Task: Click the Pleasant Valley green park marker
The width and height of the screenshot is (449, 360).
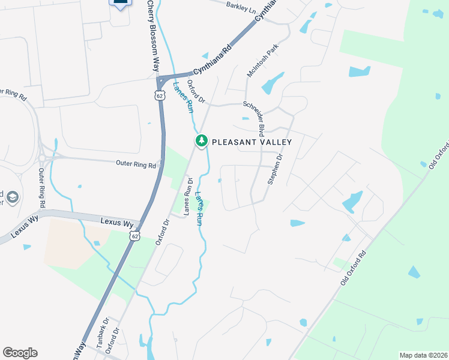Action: tap(202, 141)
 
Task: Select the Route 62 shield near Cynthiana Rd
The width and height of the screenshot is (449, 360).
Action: tap(159, 95)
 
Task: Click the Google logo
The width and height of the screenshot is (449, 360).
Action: tap(20, 353)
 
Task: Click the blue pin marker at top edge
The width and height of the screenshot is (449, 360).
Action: tap(121, 3)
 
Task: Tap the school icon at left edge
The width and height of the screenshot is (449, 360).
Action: tap(11, 197)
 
